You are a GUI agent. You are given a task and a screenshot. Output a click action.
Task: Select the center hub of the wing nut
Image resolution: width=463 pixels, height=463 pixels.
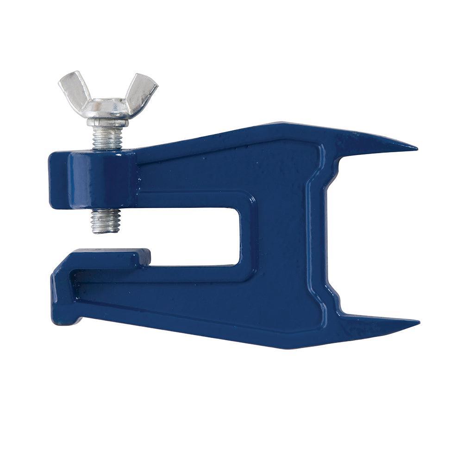[x=107, y=107]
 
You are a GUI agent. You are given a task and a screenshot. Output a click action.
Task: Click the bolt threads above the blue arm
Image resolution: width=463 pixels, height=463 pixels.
[x=107, y=138]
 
